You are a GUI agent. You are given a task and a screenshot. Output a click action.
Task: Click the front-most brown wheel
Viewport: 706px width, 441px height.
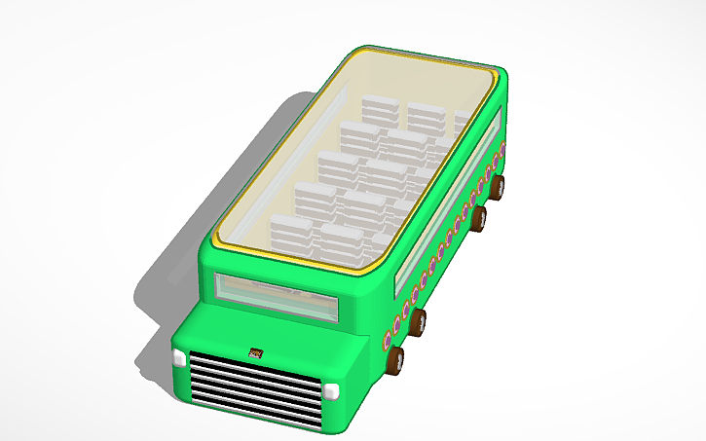[395, 362]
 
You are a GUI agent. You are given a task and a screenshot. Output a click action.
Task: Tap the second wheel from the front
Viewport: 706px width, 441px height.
[418, 321]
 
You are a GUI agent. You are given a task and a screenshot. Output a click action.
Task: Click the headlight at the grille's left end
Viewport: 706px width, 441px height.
[178, 358]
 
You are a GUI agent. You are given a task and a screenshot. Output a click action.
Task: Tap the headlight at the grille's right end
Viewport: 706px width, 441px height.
[331, 391]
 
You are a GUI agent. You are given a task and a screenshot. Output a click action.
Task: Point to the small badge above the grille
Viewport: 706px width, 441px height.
[257, 354]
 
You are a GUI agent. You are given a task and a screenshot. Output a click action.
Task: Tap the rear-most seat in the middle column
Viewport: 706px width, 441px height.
[425, 117]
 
